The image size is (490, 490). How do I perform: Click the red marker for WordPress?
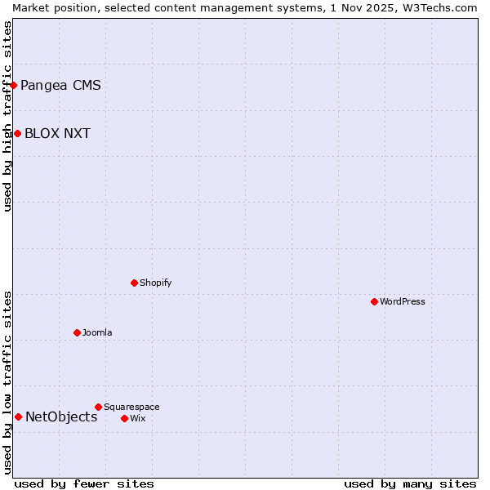[374, 301]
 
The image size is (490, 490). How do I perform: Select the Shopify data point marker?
[134, 283]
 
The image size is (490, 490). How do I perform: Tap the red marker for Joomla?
[77, 332]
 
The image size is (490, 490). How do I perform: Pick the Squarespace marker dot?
[98, 407]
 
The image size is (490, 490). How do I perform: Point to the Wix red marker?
[124, 418]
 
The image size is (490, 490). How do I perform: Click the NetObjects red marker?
[18, 416]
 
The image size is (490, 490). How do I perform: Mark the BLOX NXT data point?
[17, 133]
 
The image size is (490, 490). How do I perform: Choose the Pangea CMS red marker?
[13, 85]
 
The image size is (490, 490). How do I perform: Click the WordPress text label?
[403, 301]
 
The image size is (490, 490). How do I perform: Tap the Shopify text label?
[155, 283]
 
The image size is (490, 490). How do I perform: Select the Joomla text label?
[97, 332]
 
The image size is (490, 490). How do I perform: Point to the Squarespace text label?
[131, 407]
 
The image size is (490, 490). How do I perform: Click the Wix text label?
[137, 418]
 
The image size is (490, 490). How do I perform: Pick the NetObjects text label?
[61, 416]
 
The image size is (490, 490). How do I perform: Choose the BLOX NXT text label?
[57, 133]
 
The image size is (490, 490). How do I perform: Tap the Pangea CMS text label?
[60, 85]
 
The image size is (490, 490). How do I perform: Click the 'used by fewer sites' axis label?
[84, 483]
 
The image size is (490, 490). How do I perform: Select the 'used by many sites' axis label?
[410, 483]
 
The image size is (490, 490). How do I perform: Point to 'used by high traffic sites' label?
[7, 116]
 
